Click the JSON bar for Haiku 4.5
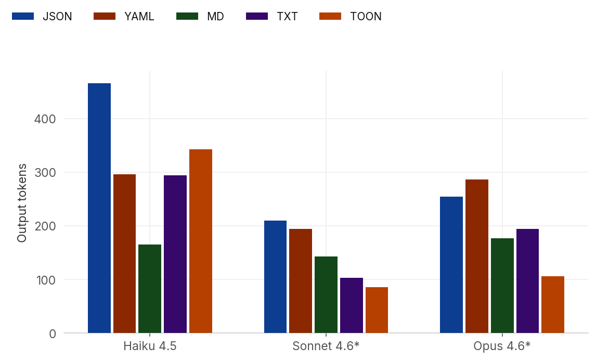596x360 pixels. [x=99, y=208]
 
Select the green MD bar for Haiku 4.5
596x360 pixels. [x=150, y=289]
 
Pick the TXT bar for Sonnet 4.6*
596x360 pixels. [x=352, y=305]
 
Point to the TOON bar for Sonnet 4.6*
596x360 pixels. [x=377, y=310]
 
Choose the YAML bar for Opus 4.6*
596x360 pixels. [x=477, y=256]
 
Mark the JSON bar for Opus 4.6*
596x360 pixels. [x=451, y=265]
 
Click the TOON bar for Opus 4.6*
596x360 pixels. [x=553, y=304]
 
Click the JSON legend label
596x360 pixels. [x=57, y=16]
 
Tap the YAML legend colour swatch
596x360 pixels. [x=104, y=16]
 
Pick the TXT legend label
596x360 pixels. [x=287, y=16]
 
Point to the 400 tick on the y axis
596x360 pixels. [x=45, y=119]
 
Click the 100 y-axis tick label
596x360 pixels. [x=45, y=279]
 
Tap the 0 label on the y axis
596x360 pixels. [x=51, y=333]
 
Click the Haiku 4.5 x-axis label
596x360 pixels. [x=150, y=346]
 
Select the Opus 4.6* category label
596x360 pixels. [x=502, y=346]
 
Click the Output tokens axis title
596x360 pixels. [x=22, y=203]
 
